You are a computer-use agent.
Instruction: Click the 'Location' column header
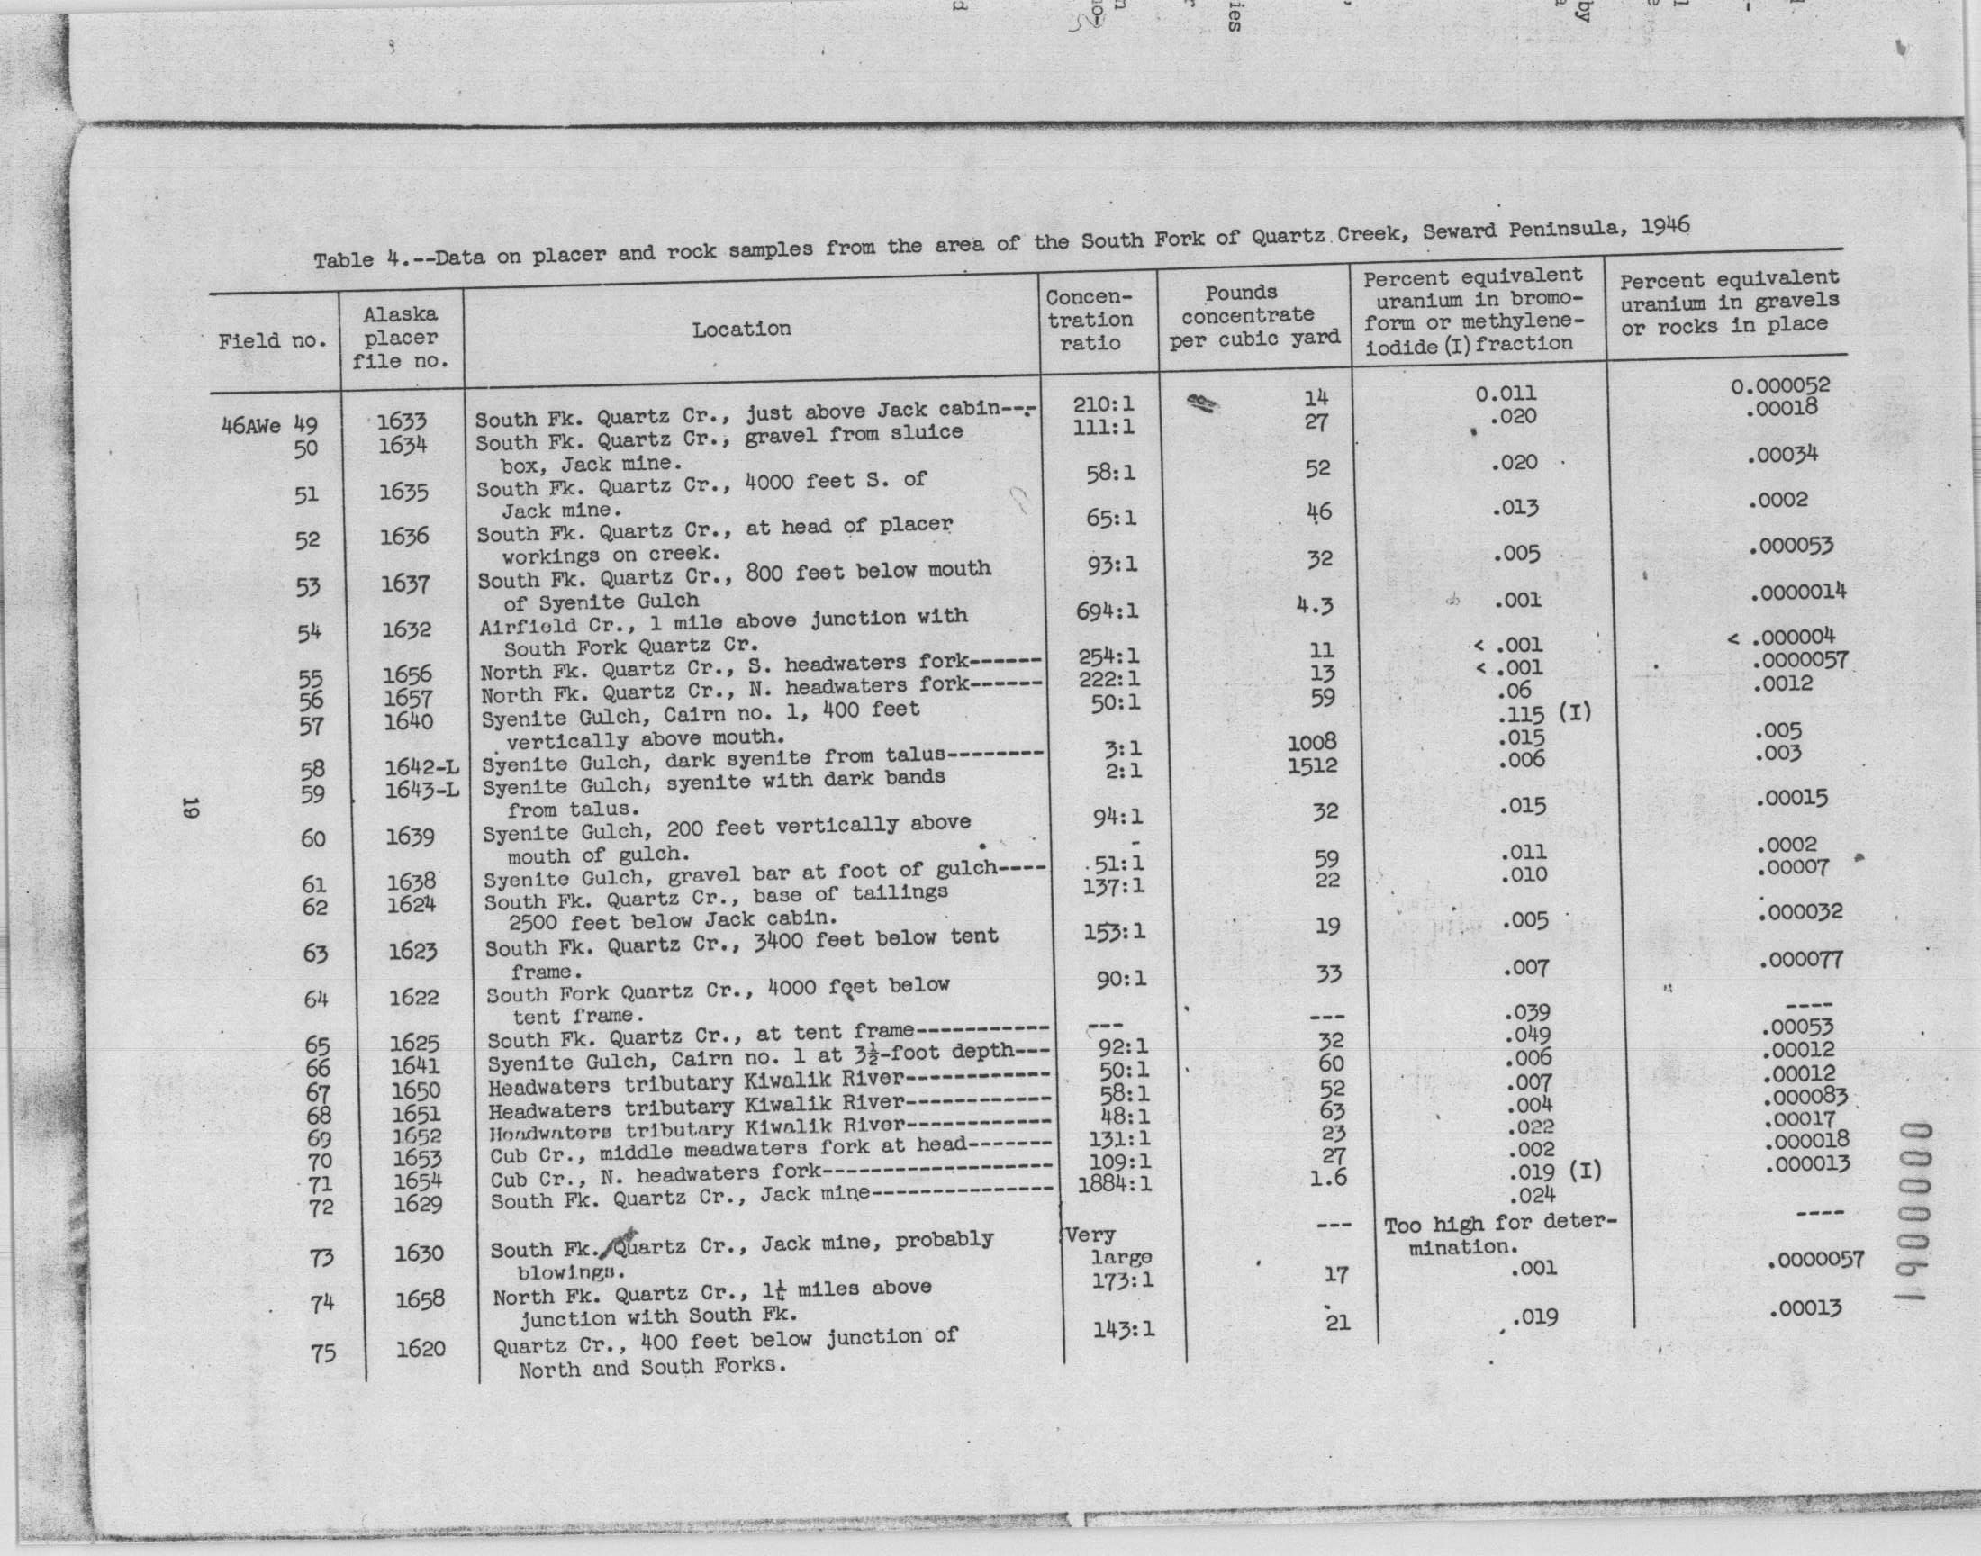[x=740, y=329]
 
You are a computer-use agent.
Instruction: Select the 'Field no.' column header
[x=271, y=341]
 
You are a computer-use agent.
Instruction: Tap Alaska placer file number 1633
[x=402, y=421]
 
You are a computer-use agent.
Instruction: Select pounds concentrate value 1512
[x=1313, y=765]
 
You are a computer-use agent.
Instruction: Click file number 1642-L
[x=421, y=767]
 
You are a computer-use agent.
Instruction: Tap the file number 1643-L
[x=421, y=790]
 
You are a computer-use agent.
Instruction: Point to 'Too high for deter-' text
[x=1499, y=1225]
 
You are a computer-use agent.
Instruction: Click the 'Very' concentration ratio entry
[x=1090, y=1236]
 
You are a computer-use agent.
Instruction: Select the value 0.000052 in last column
[x=1779, y=385]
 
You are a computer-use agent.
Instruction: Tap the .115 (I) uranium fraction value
[x=1543, y=713]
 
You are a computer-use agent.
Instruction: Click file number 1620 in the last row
[x=420, y=1348]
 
